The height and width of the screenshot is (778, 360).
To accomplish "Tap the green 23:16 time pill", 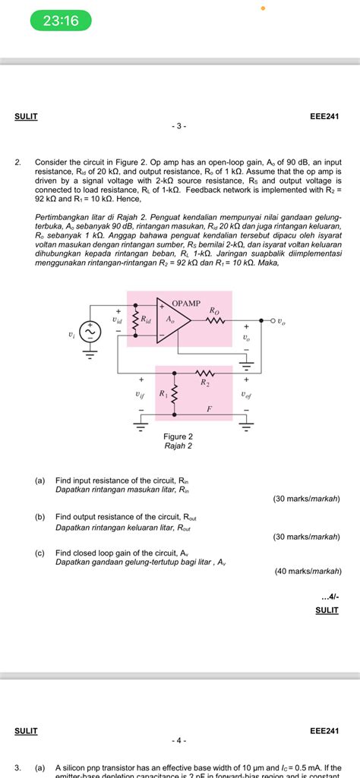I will [x=60, y=21].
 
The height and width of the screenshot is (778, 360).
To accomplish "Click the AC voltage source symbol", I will [x=90, y=332].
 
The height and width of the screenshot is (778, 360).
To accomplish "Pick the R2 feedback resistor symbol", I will [x=205, y=373].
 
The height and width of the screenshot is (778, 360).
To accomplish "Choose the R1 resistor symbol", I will [x=175, y=394].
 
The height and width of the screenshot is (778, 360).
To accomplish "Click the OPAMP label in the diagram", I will [x=186, y=303].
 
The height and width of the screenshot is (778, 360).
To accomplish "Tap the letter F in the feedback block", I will [x=210, y=408].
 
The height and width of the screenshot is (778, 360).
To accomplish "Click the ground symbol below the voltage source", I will [x=90, y=353].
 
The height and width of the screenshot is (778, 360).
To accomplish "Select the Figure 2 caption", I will [x=178, y=436].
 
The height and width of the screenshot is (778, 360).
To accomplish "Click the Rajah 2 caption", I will [x=178, y=446].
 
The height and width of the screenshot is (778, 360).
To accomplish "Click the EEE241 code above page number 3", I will [x=324, y=116].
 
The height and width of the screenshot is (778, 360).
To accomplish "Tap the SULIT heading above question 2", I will [x=26, y=116].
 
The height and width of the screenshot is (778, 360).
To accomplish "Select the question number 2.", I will [x=17, y=162].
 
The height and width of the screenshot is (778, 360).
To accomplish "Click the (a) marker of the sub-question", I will [x=39, y=480].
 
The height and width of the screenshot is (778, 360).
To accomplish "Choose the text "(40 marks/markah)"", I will [x=307, y=571].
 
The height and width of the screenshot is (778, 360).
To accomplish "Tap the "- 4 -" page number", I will [x=179, y=740].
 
